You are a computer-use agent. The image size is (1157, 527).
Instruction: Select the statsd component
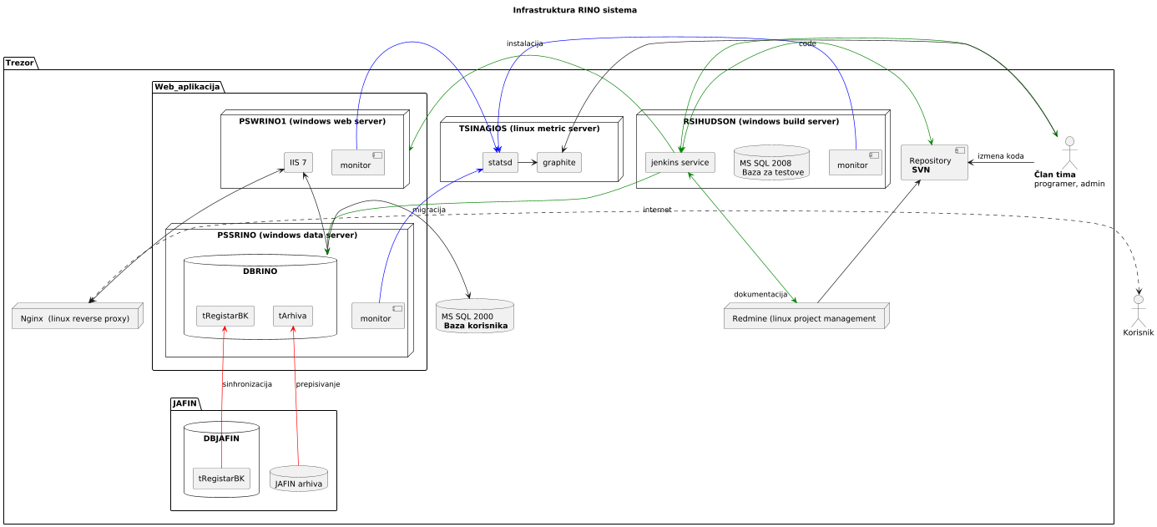point(499,161)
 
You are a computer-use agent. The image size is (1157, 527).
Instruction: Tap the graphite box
point(558,161)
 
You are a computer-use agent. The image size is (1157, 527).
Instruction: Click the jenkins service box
point(680,161)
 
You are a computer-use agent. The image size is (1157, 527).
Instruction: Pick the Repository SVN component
point(934,163)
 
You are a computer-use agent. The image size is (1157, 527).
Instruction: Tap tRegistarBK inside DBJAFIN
point(221,479)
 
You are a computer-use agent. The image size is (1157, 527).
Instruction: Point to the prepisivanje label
point(317,384)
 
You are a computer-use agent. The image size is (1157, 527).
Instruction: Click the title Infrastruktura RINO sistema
point(574,11)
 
